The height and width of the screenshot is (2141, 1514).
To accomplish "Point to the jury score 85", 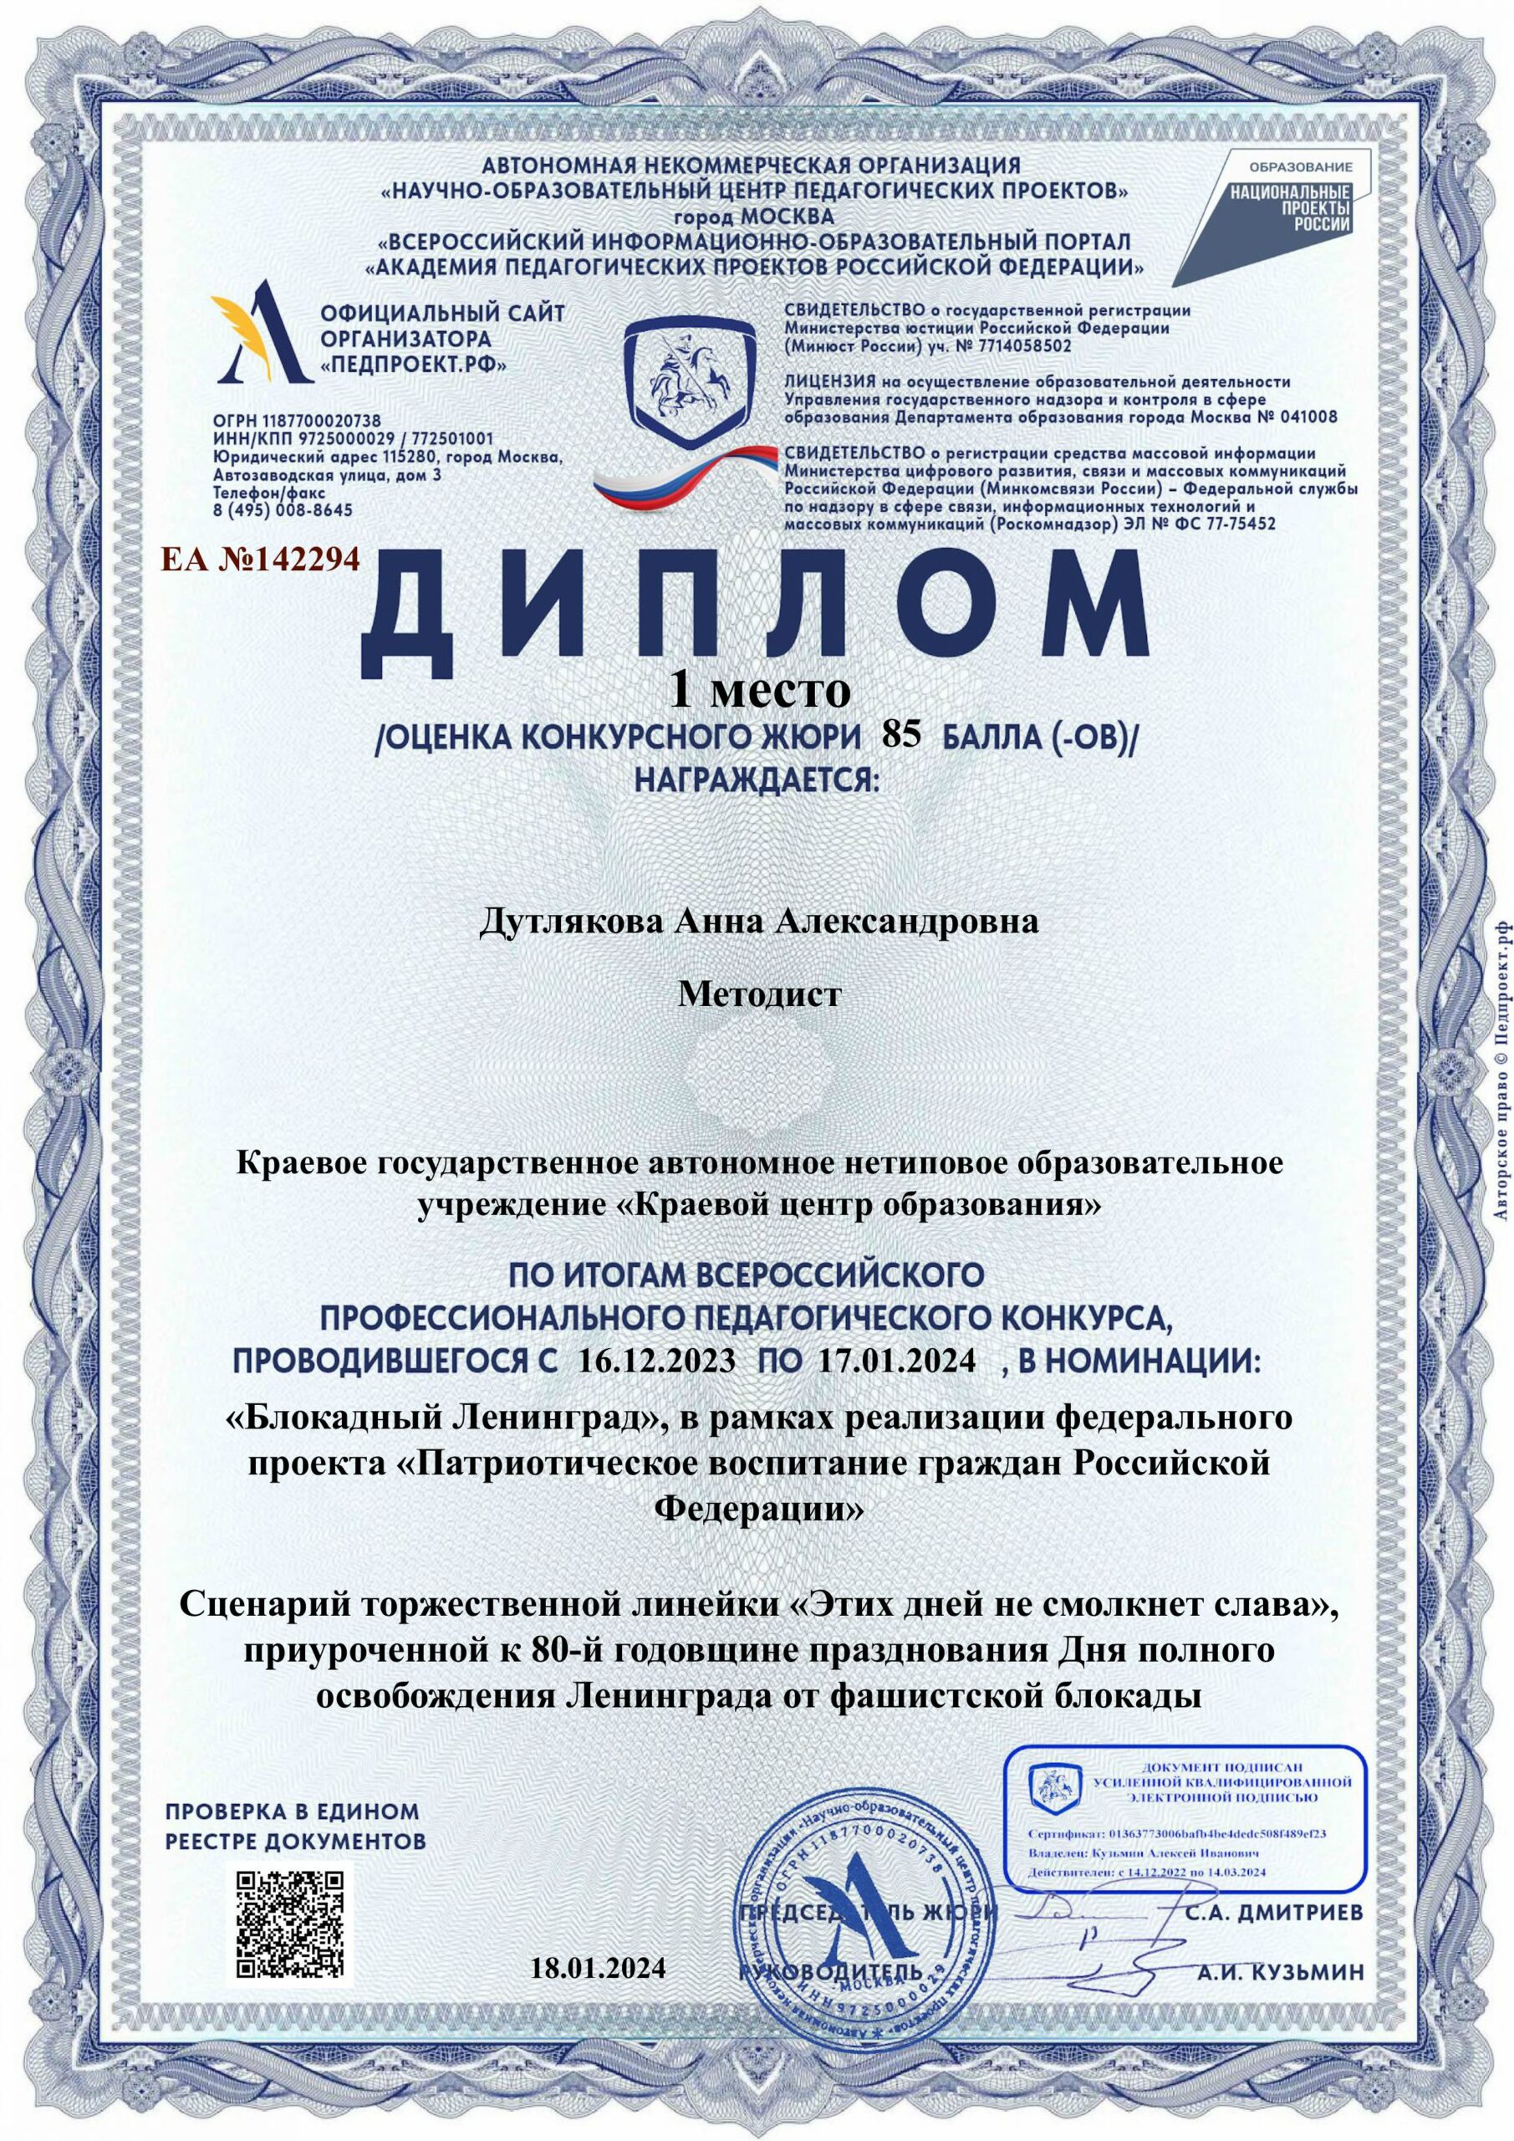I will [x=900, y=736].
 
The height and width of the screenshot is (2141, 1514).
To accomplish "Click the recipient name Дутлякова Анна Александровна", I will [x=758, y=922].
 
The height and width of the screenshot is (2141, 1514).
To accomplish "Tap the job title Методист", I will [x=759, y=994].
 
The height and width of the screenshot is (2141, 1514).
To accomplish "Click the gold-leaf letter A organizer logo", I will [x=261, y=339].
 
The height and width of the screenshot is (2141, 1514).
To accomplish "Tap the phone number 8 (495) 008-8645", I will [x=283, y=510].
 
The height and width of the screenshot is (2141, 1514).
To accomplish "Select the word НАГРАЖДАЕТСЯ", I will [x=757, y=779].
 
